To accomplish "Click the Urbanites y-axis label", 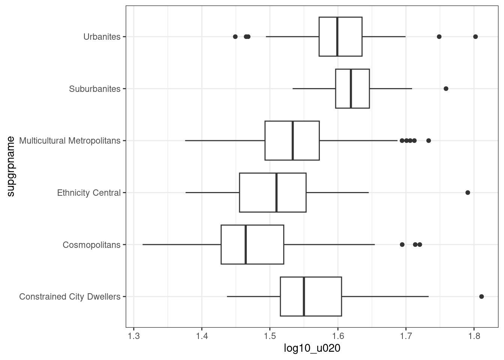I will tap(102, 37).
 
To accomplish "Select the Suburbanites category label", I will tap(94, 89).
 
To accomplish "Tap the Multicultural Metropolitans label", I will tap(70, 141).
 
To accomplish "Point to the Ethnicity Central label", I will tap(88, 193).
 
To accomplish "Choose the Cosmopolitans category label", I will tap(91, 245).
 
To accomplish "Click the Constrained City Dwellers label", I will tap(70, 297).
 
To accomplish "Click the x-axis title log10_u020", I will tap(312, 349).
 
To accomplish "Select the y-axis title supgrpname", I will tap(11, 166).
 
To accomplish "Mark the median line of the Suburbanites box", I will tap(351, 89).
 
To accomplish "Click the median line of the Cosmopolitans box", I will tap(246, 244).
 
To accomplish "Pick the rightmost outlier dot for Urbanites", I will tap(475, 37).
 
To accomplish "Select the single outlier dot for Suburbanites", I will tap(446, 89).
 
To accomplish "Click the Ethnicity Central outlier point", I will tap(468, 193).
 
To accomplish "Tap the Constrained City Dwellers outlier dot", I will tap(481, 297).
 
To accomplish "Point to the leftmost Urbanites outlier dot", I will tap(235, 37).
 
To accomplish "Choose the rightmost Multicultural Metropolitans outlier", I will tap(429, 141).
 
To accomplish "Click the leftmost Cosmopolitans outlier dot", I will tap(402, 244).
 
